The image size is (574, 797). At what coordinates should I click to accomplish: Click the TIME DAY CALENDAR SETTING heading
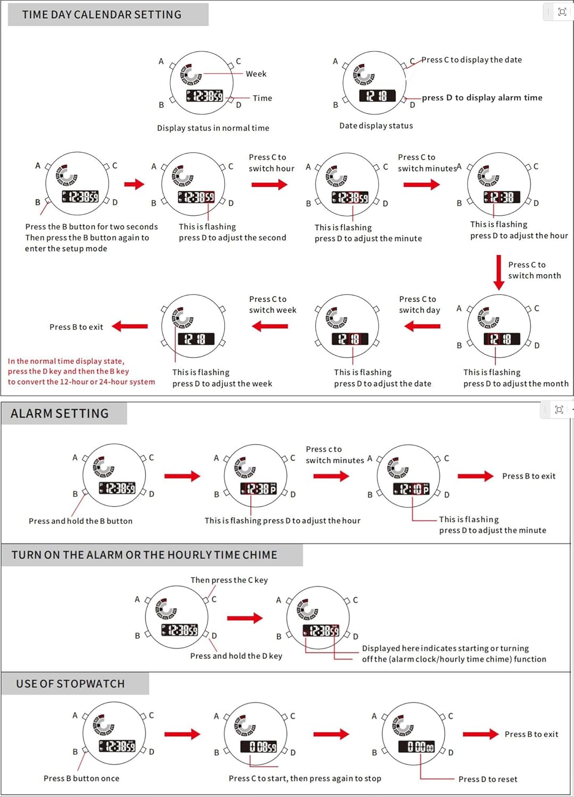pyautogui.click(x=102, y=15)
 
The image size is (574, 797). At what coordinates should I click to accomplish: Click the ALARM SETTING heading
pyautogui.click(x=60, y=413)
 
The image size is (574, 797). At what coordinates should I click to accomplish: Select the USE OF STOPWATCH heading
pyautogui.click(x=70, y=684)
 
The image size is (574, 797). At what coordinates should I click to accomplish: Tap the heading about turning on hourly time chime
pyautogui.click(x=144, y=555)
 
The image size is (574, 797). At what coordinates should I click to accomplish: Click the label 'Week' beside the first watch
pyautogui.click(x=256, y=74)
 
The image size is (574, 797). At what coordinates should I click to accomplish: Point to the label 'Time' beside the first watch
pyautogui.click(x=262, y=98)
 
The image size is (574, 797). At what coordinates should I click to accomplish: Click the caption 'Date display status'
pyautogui.click(x=376, y=126)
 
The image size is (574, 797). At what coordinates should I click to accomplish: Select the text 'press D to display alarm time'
pyautogui.click(x=482, y=98)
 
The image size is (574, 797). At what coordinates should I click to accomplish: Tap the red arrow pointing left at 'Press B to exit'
pyautogui.click(x=130, y=326)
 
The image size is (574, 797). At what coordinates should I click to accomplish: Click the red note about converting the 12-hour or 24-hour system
pyautogui.click(x=81, y=371)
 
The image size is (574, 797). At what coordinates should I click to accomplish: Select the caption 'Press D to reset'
pyautogui.click(x=488, y=779)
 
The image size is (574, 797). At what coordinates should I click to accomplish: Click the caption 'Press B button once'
pyautogui.click(x=81, y=778)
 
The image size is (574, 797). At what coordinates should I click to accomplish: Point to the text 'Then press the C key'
pyautogui.click(x=229, y=580)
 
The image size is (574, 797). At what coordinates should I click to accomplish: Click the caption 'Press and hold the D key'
pyautogui.click(x=236, y=656)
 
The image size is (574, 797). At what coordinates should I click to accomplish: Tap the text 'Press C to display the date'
pyautogui.click(x=471, y=60)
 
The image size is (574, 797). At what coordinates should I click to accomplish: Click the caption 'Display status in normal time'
pyautogui.click(x=213, y=128)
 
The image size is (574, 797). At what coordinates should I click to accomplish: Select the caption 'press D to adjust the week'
pyautogui.click(x=222, y=384)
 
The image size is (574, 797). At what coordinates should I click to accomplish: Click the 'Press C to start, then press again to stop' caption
pyautogui.click(x=305, y=778)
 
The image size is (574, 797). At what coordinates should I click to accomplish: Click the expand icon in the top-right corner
pyautogui.click(x=562, y=12)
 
